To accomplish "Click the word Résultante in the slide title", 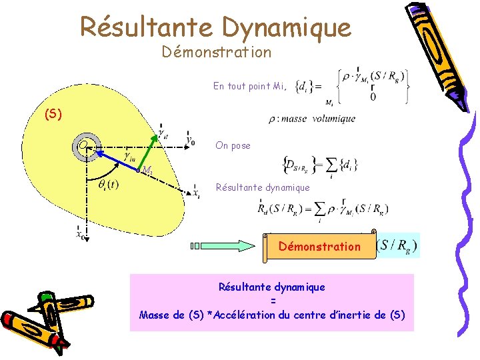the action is click(x=146, y=27).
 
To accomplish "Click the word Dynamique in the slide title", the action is click(x=286, y=28).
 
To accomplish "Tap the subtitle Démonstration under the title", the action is click(x=216, y=52).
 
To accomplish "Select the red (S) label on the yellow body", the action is click(x=53, y=114).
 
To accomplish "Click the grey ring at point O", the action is click(x=85, y=147).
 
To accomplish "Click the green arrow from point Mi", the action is click(x=151, y=149).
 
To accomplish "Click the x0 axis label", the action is click(x=80, y=233).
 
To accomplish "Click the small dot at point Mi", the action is click(x=139, y=171).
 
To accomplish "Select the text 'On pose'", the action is click(x=233, y=145).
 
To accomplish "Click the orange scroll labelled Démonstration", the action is click(x=319, y=246).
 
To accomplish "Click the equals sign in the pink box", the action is click(x=272, y=301).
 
